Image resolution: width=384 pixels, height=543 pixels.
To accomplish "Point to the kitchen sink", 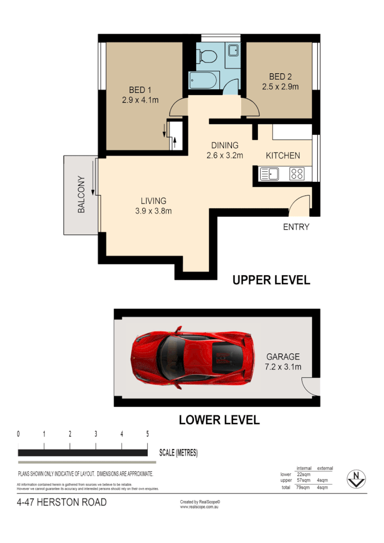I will [x=269, y=174].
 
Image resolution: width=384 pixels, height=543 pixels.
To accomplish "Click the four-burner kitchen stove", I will [x=297, y=174].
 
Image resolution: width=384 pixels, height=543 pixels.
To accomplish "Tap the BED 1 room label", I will [x=140, y=90].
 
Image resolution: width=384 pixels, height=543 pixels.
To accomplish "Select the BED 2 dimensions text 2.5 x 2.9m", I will [x=280, y=86].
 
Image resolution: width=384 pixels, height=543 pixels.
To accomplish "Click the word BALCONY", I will [x=81, y=194].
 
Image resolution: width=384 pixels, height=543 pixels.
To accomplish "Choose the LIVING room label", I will [x=153, y=200].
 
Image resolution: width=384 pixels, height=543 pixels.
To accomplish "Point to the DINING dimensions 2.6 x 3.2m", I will [x=224, y=155].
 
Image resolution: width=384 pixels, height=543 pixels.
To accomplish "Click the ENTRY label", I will [x=296, y=227].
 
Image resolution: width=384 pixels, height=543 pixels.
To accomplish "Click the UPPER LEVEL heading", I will [x=271, y=280].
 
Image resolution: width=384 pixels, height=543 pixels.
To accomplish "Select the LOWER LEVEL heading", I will [x=219, y=420].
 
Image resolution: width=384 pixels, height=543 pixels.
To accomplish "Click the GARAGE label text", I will [x=282, y=357].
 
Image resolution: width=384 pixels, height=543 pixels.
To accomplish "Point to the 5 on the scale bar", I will [x=147, y=434].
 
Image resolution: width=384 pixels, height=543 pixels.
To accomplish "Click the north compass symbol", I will [x=356, y=478].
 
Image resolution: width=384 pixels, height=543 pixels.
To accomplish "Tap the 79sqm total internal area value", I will [x=303, y=488].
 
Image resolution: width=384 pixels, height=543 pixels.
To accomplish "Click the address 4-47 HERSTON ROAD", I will [x=62, y=502].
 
